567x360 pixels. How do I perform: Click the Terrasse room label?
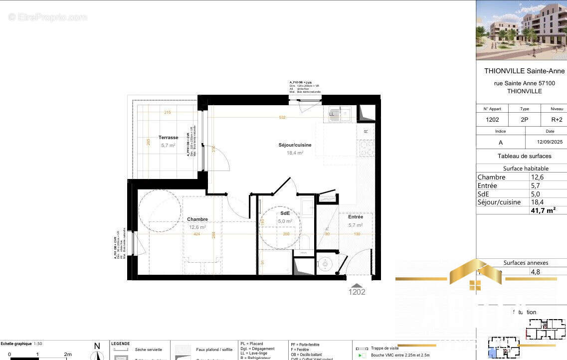168,138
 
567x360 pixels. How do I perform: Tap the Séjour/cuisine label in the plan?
295,145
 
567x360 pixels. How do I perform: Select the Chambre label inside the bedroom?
197,219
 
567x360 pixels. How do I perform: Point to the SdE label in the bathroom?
285,213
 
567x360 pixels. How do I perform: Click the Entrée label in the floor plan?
356,217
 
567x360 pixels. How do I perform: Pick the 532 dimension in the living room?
283,118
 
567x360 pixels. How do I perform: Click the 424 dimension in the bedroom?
197,234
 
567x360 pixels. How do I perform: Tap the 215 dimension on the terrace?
168,113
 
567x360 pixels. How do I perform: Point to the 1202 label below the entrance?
357,292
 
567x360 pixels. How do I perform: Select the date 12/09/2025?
550,142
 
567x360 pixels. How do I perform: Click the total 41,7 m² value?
543,210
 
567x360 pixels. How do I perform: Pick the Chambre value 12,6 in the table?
537,177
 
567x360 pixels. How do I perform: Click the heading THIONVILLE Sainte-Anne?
524,71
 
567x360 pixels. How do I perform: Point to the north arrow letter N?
97,346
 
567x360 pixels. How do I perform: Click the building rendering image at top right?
522,30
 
